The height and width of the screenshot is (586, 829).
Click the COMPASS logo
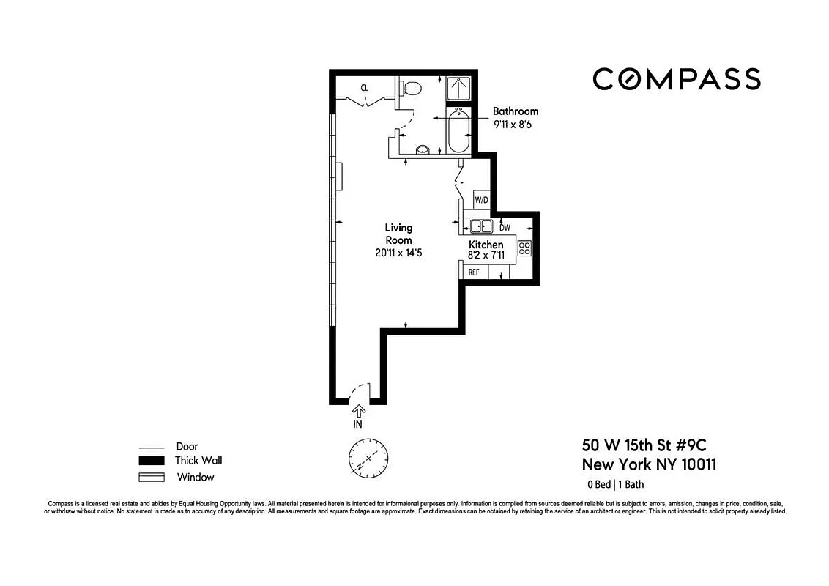coord(676,78)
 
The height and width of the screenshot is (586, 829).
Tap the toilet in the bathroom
coord(411,89)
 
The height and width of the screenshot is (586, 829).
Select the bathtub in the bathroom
coord(458,130)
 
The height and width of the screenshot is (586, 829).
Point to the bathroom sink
coord(423,150)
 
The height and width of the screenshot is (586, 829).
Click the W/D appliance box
coord(481,200)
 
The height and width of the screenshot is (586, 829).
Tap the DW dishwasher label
coord(505,227)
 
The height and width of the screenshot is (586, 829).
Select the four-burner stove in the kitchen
coord(524,248)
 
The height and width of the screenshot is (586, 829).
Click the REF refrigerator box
coord(474,272)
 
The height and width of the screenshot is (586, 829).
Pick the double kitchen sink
coord(481,226)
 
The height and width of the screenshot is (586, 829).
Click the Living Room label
coord(399,234)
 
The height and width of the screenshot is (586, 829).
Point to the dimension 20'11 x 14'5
coord(399,253)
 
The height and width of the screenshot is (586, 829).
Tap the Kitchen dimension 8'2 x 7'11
coord(486,256)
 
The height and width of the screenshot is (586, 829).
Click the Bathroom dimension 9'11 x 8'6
coord(516,125)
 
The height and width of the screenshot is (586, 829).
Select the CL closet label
coord(364,88)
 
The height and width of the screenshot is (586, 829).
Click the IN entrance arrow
coord(358,412)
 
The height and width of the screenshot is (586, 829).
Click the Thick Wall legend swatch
coord(152,461)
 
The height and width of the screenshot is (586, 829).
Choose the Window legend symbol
coord(152,478)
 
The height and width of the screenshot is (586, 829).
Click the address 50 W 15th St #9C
coord(644,445)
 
